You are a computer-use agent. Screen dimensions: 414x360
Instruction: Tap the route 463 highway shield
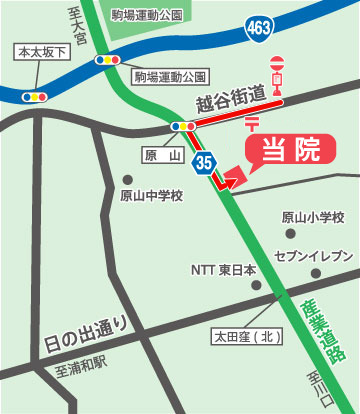tap(258, 31)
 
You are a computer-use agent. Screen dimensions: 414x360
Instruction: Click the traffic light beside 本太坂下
tap(33, 97)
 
